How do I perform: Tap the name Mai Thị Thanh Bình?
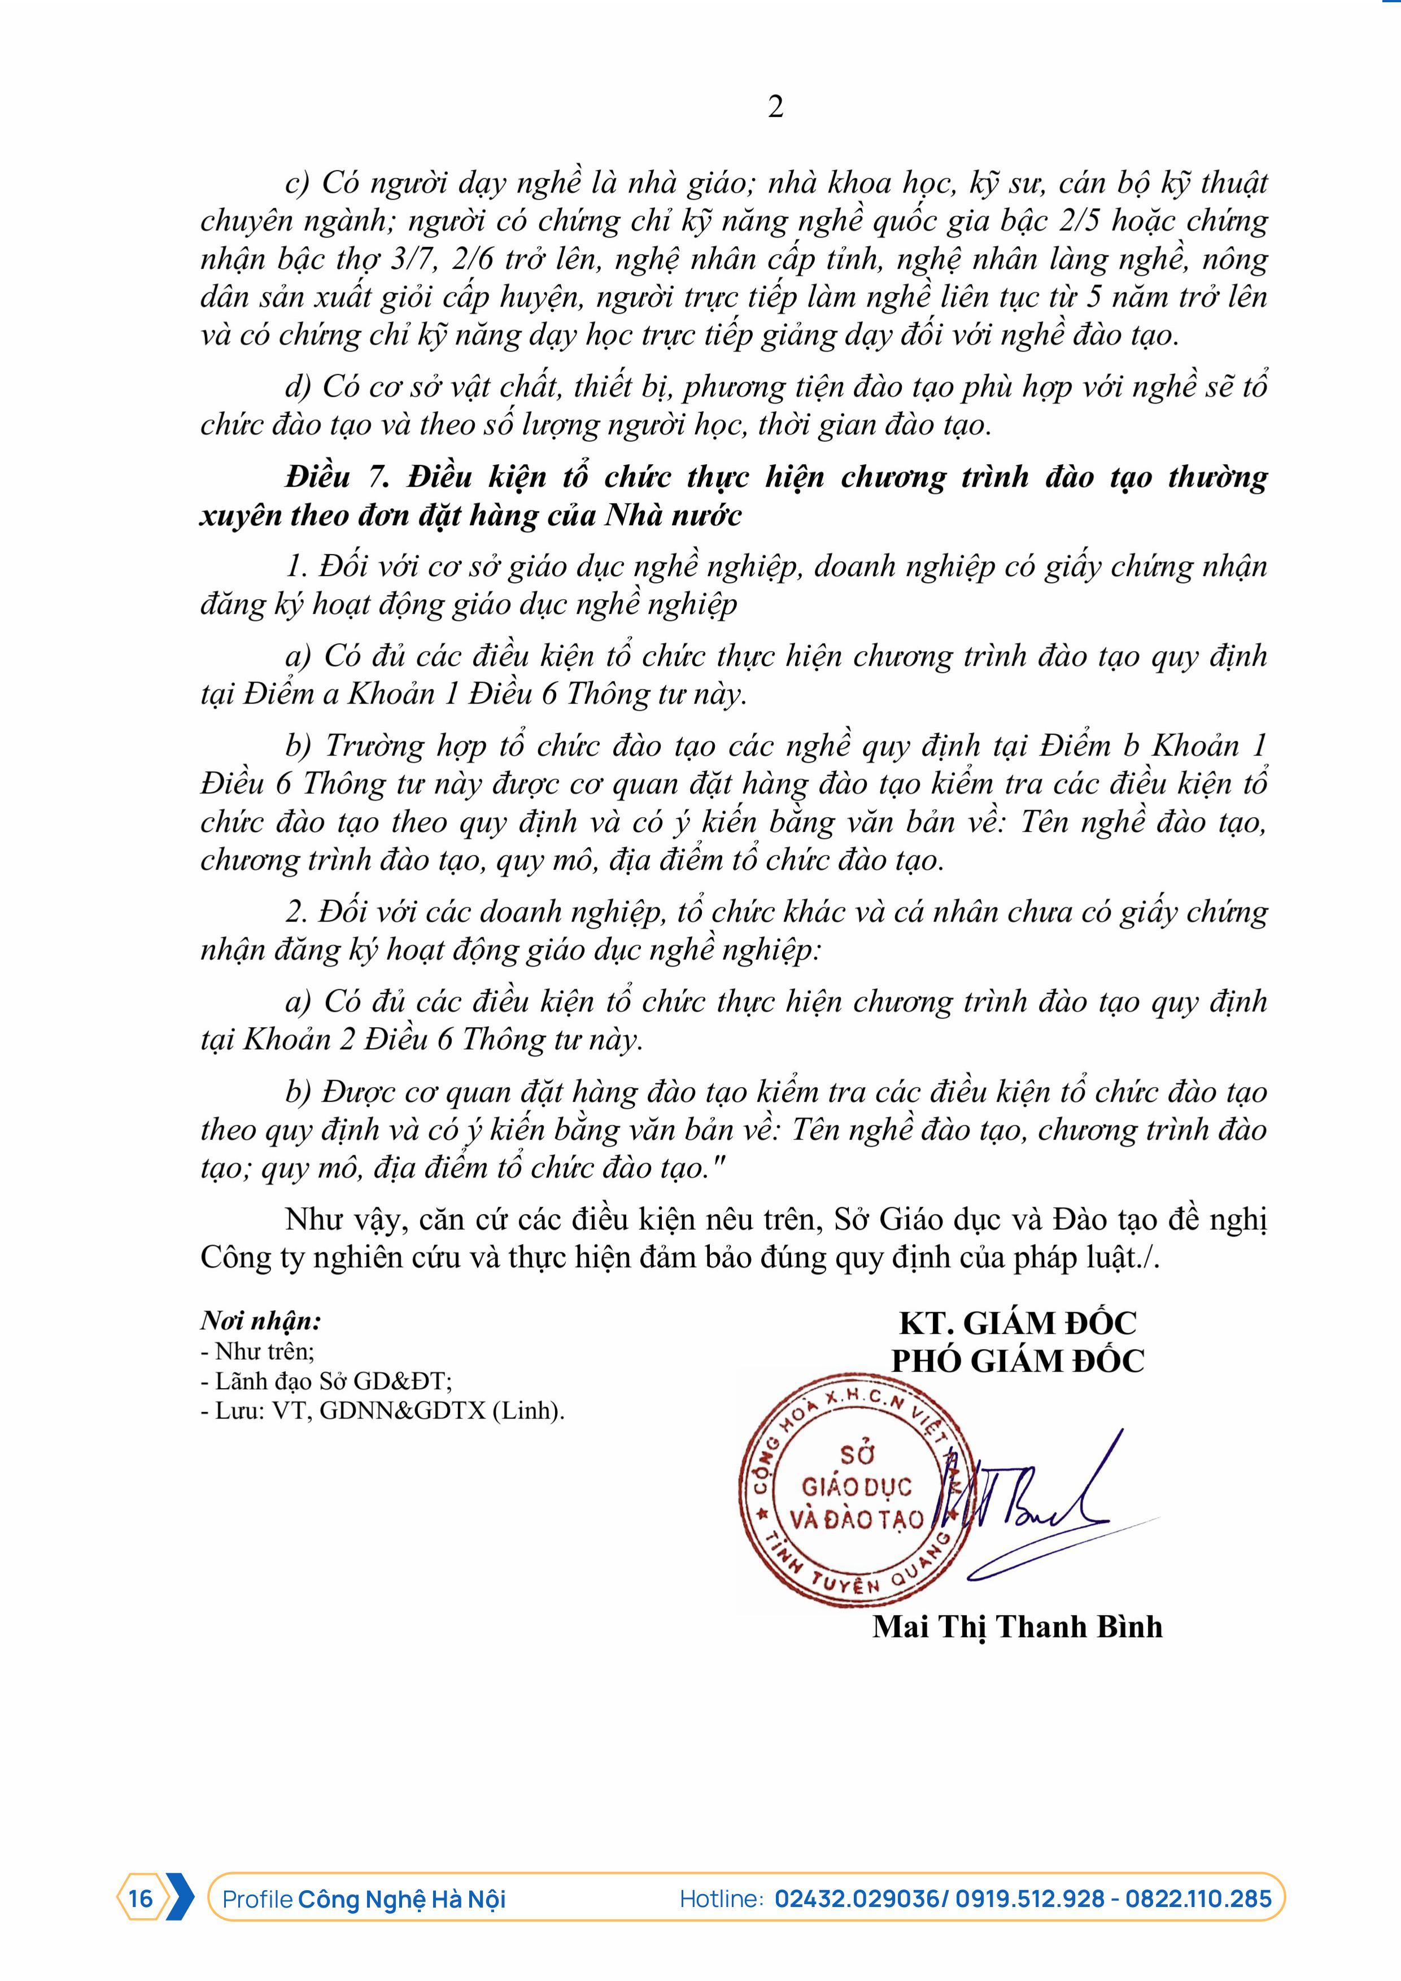coord(1017,1626)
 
